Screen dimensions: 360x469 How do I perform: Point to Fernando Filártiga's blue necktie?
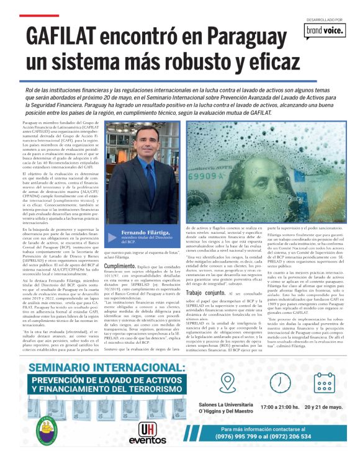pos(151,177)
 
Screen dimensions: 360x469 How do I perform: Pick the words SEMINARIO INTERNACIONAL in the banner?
pos(106,368)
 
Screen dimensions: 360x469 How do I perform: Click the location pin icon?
pos(227,383)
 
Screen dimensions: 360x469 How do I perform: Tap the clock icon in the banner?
pos(277,383)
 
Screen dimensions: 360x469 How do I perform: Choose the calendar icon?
pos(323,383)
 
